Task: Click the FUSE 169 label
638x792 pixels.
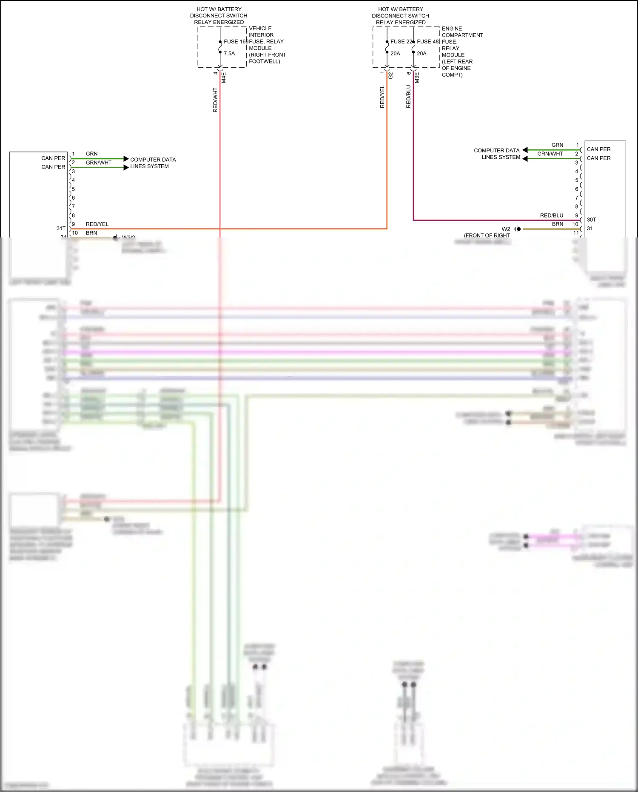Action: tap(236, 42)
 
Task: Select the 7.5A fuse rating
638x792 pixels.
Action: tap(229, 54)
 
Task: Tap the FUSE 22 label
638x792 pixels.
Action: tap(401, 42)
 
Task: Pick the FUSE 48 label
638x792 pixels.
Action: tap(427, 42)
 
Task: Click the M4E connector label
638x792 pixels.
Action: tap(224, 77)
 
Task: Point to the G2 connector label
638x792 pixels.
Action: tap(390, 75)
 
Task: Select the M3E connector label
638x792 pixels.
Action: tap(417, 77)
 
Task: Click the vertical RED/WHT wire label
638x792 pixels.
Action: tap(215, 100)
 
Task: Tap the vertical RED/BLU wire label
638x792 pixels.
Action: tap(408, 97)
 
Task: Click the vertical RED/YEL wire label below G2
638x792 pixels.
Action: tap(382, 97)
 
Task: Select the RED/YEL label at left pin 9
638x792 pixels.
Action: tap(97, 224)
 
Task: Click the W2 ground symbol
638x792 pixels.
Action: tap(517, 229)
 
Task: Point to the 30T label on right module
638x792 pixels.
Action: tap(591, 220)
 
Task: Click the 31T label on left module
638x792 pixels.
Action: tap(61, 229)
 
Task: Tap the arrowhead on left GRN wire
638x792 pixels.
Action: tap(126, 159)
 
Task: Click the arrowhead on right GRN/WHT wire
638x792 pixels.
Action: tap(525, 159)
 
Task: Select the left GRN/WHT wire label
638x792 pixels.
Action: tap(98, 163)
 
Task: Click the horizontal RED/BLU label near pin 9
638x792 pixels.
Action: tap(551, 215)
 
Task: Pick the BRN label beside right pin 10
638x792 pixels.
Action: tap(557, 224)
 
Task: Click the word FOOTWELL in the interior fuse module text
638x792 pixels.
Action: tap(264, 61)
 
